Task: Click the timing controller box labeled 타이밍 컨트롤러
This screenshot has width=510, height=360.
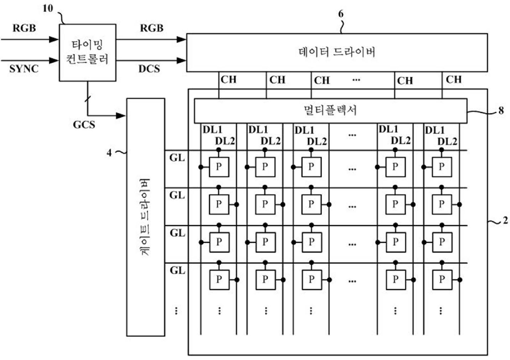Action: pos(87,52)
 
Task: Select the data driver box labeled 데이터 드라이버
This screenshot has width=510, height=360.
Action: pos(337,52)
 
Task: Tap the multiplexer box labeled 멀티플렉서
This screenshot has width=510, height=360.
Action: pos(330,110)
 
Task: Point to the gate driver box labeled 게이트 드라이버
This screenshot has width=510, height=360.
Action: pos(146,217)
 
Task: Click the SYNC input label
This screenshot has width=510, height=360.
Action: pos(24,69)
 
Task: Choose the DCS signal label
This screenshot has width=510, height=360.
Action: pos(149,69)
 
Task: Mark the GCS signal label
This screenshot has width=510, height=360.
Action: pos(84,125)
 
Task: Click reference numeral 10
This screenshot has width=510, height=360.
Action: pos(48,8)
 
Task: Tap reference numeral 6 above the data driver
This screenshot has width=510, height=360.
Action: pos(341,14)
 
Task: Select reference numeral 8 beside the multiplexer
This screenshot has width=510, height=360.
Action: pos(501,110)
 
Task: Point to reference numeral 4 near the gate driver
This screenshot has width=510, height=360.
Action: pos(109,153)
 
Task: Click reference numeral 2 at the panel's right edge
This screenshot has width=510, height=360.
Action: pos(505,221)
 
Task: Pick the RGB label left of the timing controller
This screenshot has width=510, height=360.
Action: pos(24,28)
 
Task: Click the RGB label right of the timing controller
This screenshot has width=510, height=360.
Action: pos(151,28)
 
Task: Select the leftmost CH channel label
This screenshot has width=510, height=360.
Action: pos(228,79)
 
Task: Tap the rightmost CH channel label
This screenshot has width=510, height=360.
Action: pos(453,79)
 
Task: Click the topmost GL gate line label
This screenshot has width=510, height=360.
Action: pos(177,158)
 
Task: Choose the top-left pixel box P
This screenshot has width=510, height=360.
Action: pos(219,167)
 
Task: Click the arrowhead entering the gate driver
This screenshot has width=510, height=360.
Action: pos(121,115)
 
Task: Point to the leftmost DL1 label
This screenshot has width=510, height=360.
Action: pos(212,130)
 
